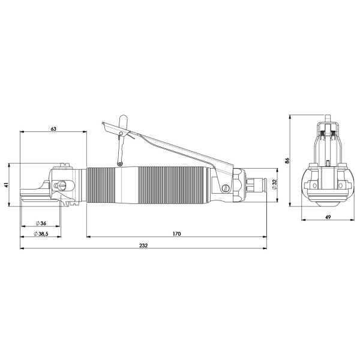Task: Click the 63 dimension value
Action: click(53, 129)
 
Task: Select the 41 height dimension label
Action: click(7, 185)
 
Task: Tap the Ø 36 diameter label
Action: click(41, 223)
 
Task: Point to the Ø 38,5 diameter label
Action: click(41, 234)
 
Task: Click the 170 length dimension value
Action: click(177, 234)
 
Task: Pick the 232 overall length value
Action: click(143, 245)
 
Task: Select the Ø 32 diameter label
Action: click(274, 184)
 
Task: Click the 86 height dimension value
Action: click(287, 160)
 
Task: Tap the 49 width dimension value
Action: click(328, 217)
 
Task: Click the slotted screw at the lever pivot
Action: click(226, 188)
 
